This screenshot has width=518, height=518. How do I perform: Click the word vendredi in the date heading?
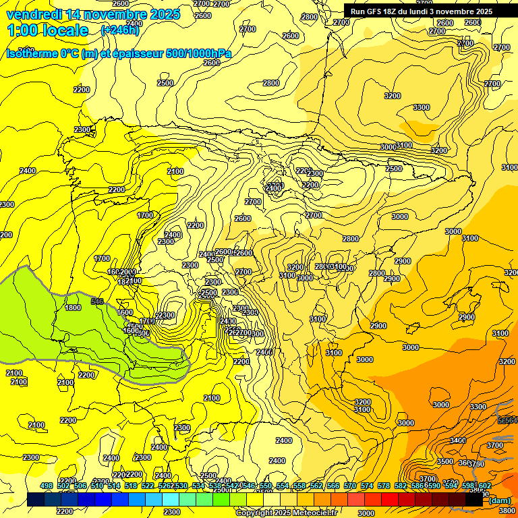click(x=31, y=13)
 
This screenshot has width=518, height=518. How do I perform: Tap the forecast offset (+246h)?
click(x=120, y=30)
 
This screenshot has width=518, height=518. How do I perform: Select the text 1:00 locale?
click(x=48, y=30)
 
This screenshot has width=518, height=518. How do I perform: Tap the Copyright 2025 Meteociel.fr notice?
click(x=286, y=513)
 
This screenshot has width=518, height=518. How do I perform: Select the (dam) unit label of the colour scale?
click(x=499, y=500)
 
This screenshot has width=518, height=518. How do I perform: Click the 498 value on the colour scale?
click(x=47, y=486)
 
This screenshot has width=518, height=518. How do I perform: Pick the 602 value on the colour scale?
click(x=485, y=486)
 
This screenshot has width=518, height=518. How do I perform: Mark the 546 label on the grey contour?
click(x=97, y=301)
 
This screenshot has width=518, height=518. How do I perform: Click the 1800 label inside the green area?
click(x=73, y=308)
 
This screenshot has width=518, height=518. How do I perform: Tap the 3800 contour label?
click(x=507, y=510)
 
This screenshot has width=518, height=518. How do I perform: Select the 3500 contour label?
click(x=445, y=461)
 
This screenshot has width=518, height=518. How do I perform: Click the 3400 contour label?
click(x=458, y=440)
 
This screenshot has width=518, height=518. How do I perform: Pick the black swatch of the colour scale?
click(x=474, y=500)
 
